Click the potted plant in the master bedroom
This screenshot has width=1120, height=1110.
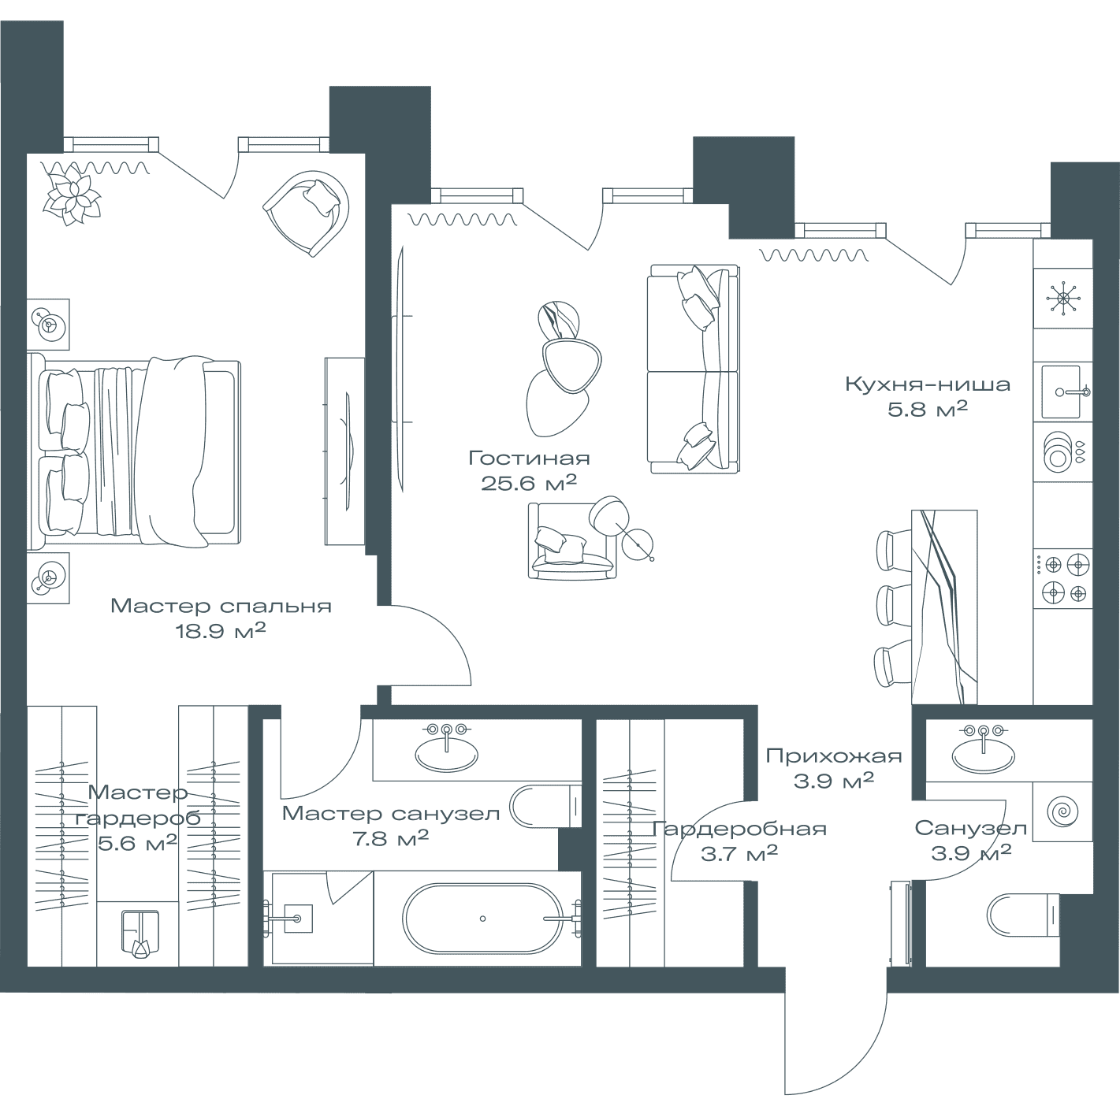[73, 194]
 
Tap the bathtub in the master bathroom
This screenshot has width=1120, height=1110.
[483, 919]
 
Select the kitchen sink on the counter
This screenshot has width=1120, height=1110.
[1061, 392]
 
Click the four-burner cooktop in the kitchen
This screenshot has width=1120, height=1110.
[1062, 579]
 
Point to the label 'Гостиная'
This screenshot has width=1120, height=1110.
[529, 458]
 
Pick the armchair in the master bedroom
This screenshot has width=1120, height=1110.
[307, 213]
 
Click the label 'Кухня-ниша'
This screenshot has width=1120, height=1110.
[928, 384]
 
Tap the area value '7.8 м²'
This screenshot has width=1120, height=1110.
[391, 838]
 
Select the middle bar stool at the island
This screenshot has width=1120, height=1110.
[894, 605]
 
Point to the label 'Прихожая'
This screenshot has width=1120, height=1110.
[833, 756]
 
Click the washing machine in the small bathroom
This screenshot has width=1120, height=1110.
[1062, 811]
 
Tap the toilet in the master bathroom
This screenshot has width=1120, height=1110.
[545, 806]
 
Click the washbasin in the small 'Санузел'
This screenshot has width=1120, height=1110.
[984, 755]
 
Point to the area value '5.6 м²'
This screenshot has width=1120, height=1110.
[137, 843]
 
